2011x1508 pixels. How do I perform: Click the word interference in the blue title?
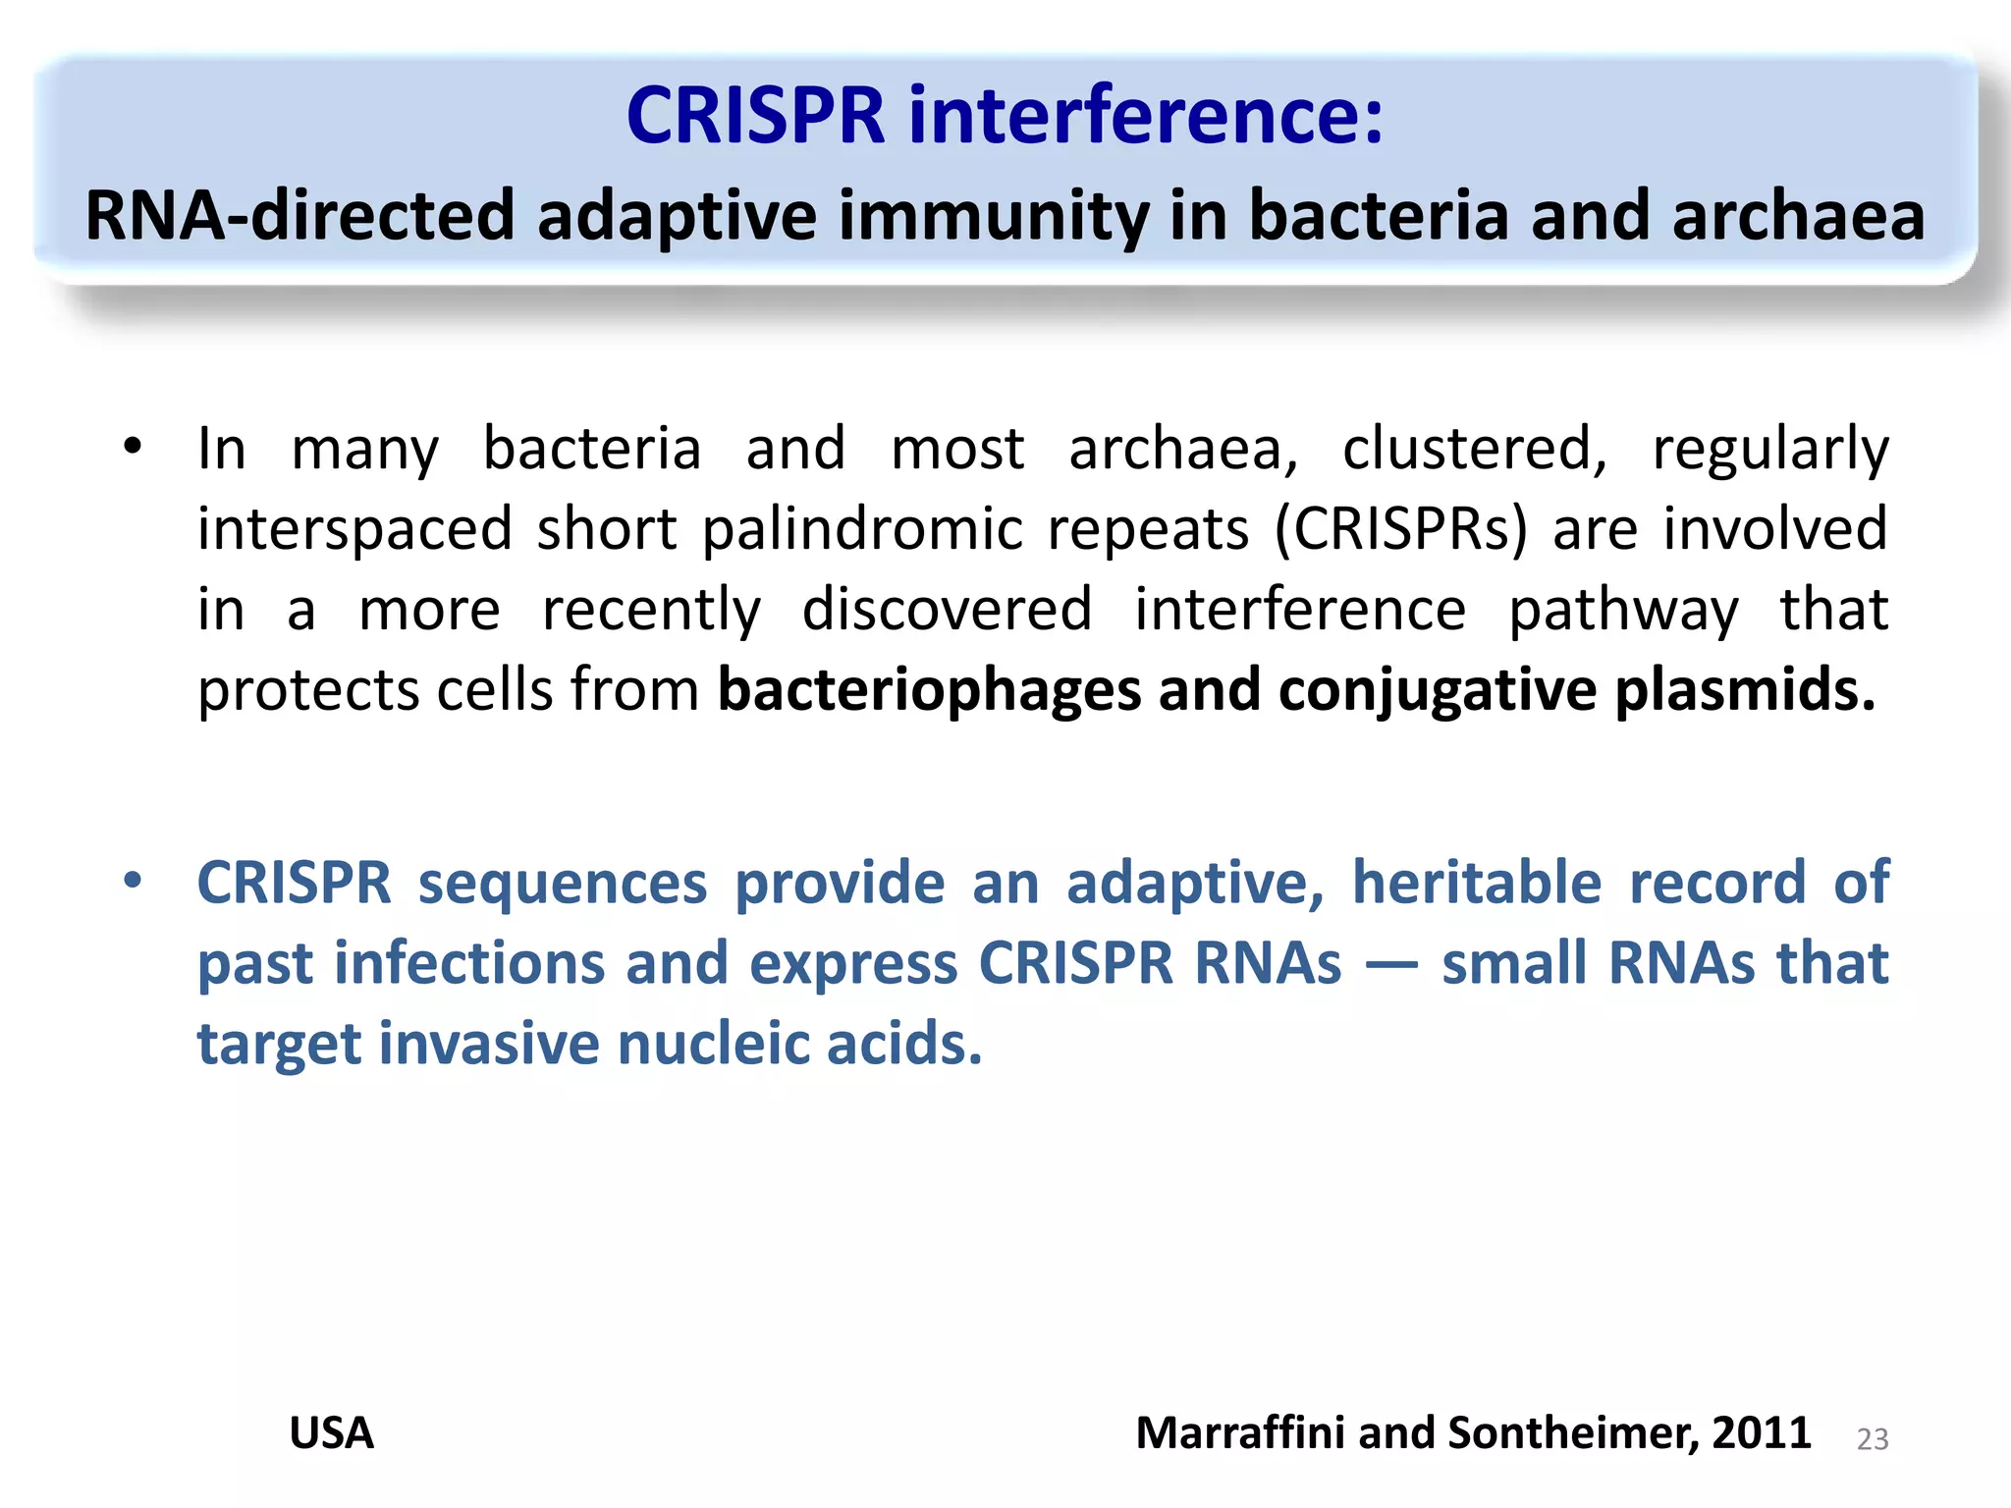click(x=1146, y=116)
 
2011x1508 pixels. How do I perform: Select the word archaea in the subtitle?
click(x=1798, y=215)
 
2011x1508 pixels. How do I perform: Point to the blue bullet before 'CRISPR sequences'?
click(x=133, y=880)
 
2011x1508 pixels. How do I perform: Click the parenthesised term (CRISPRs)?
click(x=1401, y=529)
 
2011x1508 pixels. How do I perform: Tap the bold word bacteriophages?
click(x=929, y=690)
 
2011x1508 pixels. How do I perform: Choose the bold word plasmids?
click(x=1745, y=689)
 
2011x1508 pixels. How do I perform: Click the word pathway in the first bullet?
click(x=1622, y=611)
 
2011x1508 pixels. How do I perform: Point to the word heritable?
click(x=1481, y=882)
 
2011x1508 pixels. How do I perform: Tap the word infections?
click(x=469, y=962)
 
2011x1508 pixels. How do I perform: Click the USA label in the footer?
click(x=331, y=1433)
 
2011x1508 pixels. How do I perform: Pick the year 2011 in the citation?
click(x=1762, y=1433)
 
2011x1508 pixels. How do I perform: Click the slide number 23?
click(x=1872, y=1439)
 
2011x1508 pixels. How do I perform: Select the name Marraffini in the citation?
click(x=1240, y=1433)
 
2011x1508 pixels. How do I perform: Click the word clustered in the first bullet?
click(x=1474, y=449)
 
